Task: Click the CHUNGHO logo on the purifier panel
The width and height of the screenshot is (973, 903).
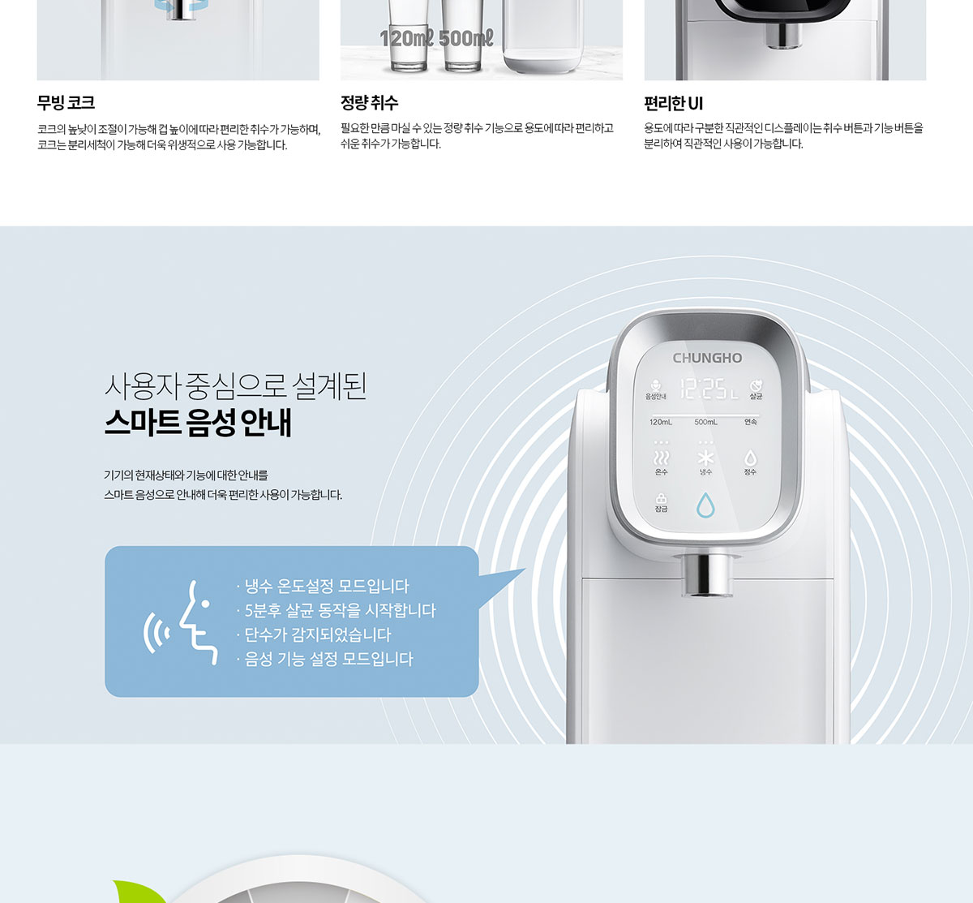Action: click(x=707, y=358)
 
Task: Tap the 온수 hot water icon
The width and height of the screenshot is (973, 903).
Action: click(x=661, y=458)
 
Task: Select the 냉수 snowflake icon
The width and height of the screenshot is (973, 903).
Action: click(x=705, y=458)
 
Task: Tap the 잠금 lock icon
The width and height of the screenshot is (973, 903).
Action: click(x=661, y=499)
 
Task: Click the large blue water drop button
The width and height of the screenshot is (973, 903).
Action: click(x=705, y=505)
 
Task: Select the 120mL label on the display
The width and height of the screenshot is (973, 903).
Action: click(x=661, y=422)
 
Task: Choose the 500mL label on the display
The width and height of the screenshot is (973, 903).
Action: click(x=706, y=422)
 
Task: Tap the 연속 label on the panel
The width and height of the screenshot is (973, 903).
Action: click(x=751, y=422)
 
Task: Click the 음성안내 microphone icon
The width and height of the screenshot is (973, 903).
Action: click(x=655, y=385)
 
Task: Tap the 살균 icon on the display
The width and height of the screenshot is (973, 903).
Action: click(x=756, y=386)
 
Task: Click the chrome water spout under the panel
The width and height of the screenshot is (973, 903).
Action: click(x=706, y=576)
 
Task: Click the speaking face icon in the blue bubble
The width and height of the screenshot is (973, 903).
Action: click(x=182, y=622)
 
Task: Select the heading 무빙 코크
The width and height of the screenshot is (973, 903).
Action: click(x=66, y=102)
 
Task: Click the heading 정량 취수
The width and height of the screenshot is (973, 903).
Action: click(x=370, y=102)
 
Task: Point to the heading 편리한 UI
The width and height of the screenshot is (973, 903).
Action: click(x=674, y=103)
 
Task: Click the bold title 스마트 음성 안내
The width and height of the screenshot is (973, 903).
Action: click(x=198, y=423)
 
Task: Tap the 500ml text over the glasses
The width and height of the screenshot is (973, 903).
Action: click(x=465, y=38)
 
